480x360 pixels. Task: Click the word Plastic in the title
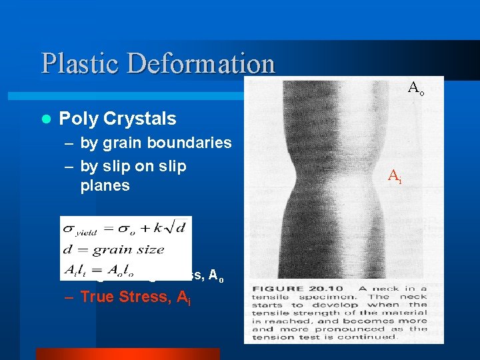pos(79,63)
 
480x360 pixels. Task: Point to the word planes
pos(105,185)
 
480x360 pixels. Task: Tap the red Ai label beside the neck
pos(395,176)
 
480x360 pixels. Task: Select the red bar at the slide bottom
pos(127,353)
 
